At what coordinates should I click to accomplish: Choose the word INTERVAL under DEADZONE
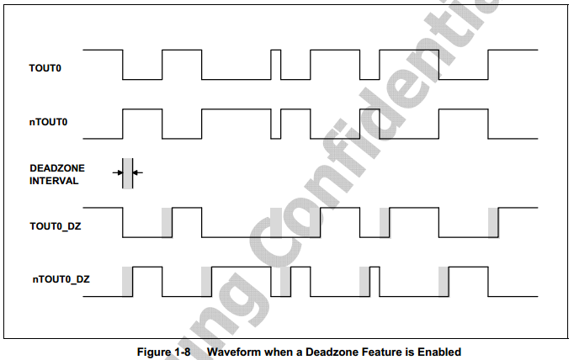51,180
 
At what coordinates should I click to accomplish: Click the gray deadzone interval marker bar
127,172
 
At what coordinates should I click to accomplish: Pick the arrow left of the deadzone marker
117,172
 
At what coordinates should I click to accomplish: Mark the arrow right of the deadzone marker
138,172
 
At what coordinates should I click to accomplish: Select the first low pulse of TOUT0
141,79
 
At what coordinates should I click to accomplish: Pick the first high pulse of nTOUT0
141,110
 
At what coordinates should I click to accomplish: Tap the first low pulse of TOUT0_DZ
147,236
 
